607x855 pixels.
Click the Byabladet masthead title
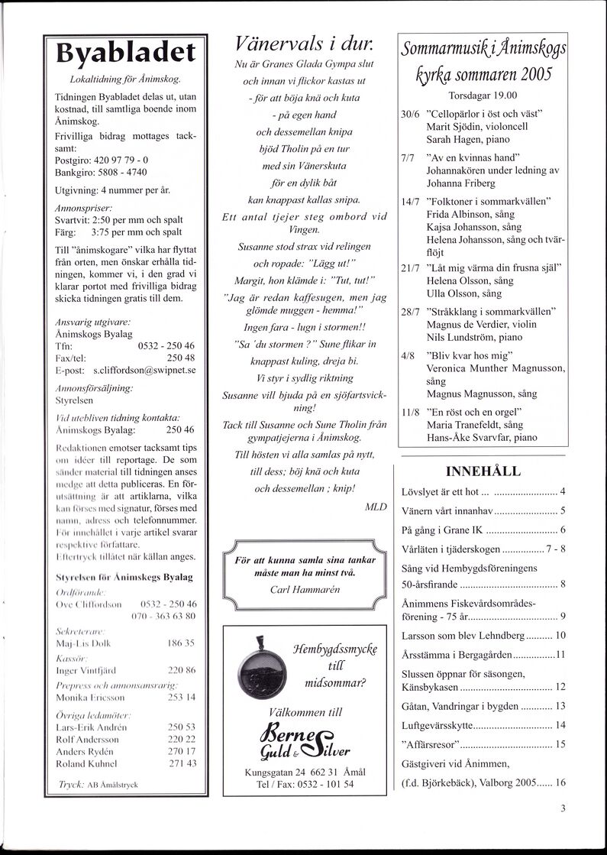(126, 54)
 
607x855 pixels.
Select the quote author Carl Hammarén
(305, 589)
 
